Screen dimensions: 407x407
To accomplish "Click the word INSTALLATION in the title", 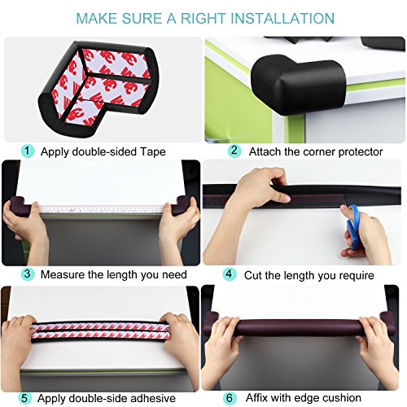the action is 282,18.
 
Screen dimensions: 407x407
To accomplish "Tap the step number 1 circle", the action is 28,151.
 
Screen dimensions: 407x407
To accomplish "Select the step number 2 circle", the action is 234,151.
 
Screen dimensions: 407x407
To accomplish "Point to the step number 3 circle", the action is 28,274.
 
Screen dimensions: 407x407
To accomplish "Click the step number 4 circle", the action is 230,274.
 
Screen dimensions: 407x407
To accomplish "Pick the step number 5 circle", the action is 24,398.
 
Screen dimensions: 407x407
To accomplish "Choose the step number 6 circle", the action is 230,398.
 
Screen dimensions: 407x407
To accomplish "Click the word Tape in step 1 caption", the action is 152,151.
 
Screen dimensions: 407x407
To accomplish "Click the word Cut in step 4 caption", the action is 253,275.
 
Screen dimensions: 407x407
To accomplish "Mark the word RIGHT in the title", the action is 203,18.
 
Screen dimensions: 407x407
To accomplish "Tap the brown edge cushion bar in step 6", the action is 299,326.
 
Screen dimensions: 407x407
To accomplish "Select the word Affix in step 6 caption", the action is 256,398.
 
